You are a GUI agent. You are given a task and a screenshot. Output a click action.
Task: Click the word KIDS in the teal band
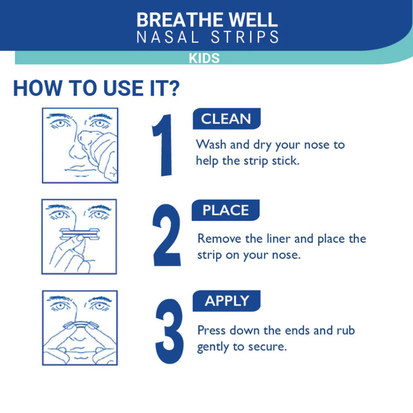point(204,58)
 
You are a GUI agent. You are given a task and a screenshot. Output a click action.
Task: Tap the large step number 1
point(162,145)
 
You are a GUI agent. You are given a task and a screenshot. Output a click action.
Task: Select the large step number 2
point(167,235)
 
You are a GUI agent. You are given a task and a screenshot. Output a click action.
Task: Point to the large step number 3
point(170,332)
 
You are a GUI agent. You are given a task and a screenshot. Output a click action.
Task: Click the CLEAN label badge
point(226,118)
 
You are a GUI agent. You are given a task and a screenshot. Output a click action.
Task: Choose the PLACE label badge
point(225,210)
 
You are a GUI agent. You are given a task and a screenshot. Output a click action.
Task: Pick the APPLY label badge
point(226,301)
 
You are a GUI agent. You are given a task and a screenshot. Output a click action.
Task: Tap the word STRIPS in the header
point(244,37)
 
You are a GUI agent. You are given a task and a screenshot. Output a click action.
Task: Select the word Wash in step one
point(211,144)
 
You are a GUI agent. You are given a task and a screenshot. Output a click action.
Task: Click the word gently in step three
point(213,347)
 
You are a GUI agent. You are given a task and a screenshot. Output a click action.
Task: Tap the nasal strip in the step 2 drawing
point(80,234)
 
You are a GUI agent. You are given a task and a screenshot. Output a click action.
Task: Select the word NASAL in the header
point(167,37)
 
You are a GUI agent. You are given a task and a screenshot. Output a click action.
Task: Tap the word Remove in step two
point(219,238)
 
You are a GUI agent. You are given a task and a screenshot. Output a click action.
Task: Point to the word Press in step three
point(211,330)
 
